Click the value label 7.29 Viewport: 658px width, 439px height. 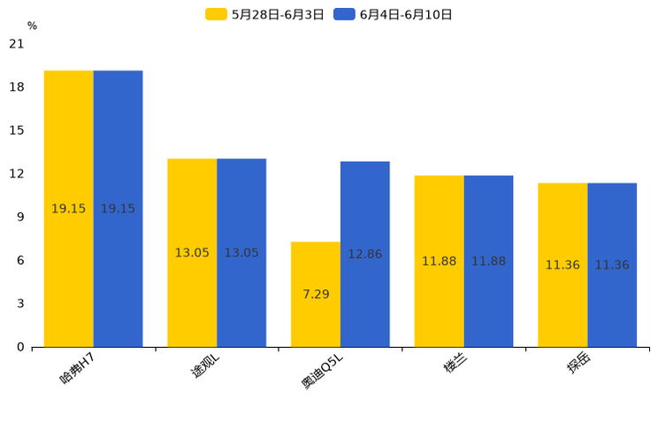pos(316,295)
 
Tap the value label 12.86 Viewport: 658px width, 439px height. pos(364,254)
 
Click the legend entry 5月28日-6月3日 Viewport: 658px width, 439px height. pos(266,14)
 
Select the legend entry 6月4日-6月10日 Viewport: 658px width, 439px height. pos(394,14)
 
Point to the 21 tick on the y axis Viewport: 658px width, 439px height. pos(16,43)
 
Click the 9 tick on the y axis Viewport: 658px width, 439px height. pos(20,217)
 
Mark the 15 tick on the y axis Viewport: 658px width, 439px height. pos(16,130)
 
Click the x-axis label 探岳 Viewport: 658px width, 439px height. pos(578,365)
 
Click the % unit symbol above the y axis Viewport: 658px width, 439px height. pos(32,26)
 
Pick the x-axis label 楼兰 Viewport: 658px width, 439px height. pos(455,365)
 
